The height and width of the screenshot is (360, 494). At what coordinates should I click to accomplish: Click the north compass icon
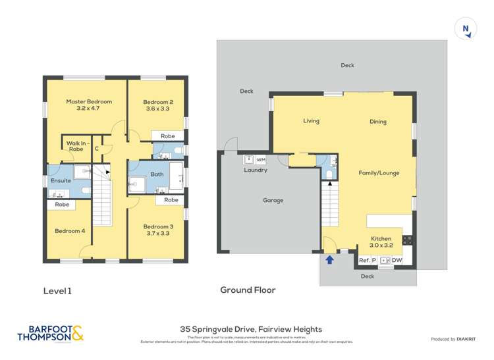coord(466,29)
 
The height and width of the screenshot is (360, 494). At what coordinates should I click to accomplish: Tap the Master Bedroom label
coord(89,101)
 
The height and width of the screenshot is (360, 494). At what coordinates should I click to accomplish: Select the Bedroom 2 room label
coord(158,101)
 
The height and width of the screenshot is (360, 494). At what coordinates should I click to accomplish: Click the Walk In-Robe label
coord(76,145)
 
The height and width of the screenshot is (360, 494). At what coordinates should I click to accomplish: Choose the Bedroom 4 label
coord(70,230)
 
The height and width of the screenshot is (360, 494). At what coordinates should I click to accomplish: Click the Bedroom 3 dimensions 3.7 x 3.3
coord(157,234)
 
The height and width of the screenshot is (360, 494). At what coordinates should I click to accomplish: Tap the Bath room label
coord(157,174)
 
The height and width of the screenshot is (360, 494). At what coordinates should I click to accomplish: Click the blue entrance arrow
coord(329,259)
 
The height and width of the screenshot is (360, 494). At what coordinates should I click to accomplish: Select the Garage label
coord(273,200)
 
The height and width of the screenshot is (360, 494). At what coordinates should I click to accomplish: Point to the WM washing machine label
coord(260,159)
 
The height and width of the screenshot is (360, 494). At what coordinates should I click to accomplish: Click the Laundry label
coord(256,170)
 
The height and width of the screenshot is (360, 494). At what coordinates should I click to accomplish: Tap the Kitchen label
coord(381,238)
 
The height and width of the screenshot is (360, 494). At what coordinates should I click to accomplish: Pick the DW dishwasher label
coord(397,261)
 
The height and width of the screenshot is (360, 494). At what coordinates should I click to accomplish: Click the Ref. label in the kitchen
coord(364,261)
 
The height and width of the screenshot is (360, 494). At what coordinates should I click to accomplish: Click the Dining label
coord(378,122)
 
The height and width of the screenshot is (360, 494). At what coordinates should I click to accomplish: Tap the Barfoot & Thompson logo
coord(51,334)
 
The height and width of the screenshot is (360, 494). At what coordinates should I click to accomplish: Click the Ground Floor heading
coord(248,290)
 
